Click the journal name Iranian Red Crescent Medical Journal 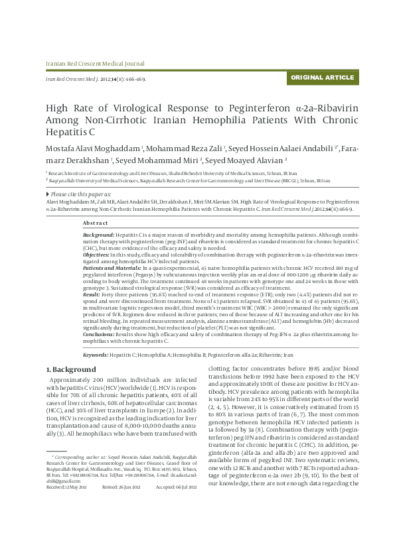94,64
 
